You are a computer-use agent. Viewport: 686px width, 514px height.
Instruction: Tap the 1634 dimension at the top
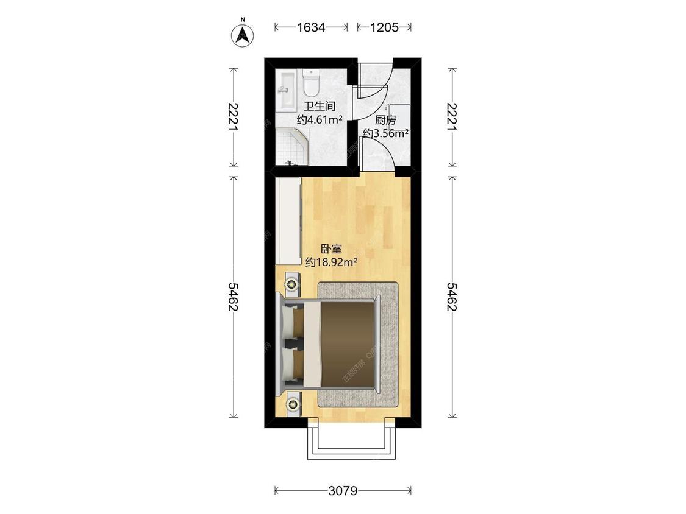[x=311, y=27]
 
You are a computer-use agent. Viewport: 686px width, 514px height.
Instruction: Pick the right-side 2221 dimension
[x=451, y=117]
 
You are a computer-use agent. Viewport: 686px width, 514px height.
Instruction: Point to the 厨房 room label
[x=385, y=120]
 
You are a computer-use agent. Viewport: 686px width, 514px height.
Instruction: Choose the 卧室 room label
[x=330, y=249]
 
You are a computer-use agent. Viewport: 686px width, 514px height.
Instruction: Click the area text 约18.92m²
[x=330, y=262]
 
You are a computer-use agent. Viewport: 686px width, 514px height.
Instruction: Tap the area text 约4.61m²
[x=319, y=119]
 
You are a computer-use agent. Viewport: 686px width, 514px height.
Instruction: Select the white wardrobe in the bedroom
[x=288, y=220]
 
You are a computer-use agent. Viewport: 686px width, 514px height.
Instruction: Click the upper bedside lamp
[x=293, y=284]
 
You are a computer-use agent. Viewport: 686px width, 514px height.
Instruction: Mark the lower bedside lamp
[x=293, y=403]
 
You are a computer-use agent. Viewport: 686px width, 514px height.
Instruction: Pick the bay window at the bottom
[x=348, y=442]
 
